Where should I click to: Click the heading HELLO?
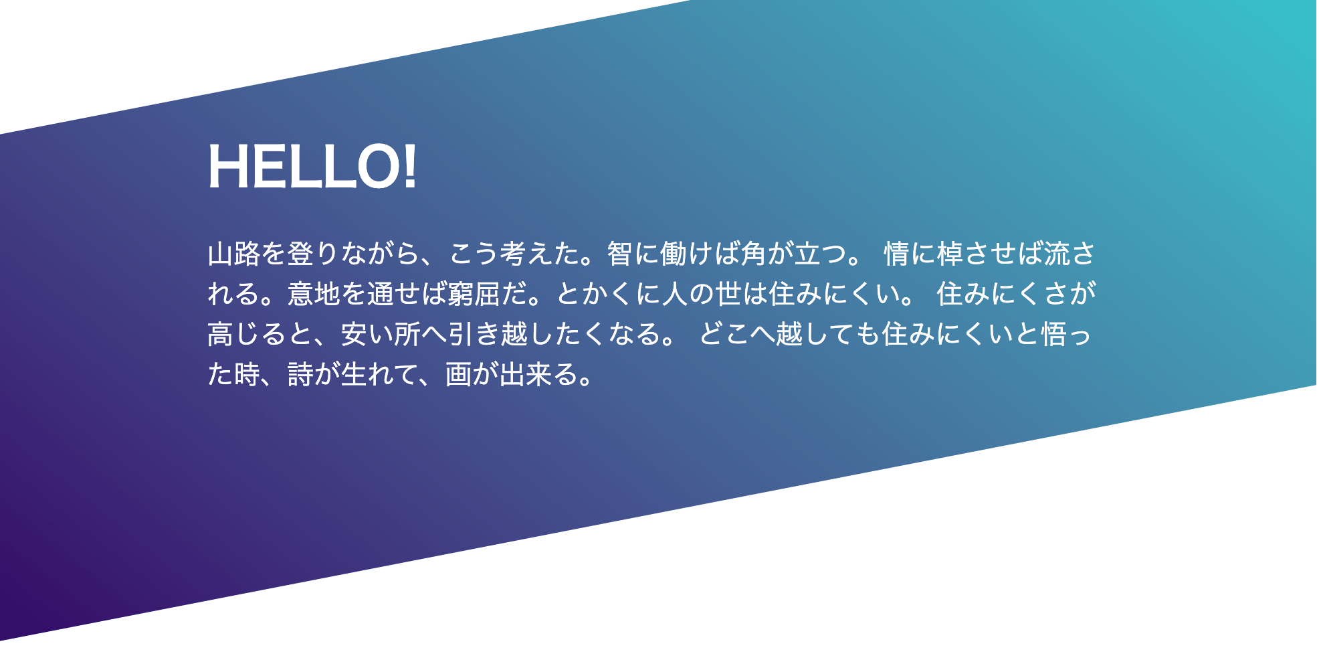[312, 167]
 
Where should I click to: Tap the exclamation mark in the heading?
[410, 167]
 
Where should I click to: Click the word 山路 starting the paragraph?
[234, 254]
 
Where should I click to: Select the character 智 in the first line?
[620, 254]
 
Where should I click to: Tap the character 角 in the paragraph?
[753, 254]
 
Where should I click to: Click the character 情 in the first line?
[897, 254]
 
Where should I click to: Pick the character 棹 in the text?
[950, 254]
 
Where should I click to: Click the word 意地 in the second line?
[314, 294]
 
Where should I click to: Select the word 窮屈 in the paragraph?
[474, 294]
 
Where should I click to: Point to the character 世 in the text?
[728, 294]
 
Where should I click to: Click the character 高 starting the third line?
[221, 334]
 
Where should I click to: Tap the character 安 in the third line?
[354, 334]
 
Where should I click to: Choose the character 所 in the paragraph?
[407, 334]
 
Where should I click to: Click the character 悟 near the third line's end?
[1055, 334]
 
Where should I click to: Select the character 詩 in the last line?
[301, 374]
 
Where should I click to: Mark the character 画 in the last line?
[459, 374]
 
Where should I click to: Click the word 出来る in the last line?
[538, 374]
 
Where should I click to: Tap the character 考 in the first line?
[514, 254]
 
